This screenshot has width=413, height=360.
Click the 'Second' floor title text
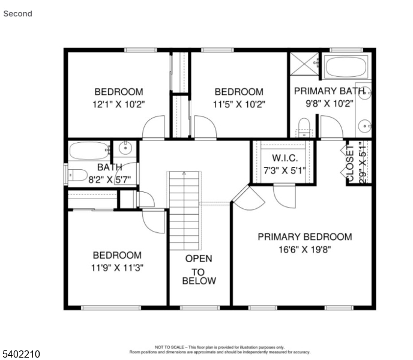tap(18, 13)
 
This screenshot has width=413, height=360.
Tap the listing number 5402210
tap(21, 355)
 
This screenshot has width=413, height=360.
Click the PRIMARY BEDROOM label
tap(304, 236)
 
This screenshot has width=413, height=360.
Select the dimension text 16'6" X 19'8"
tap(304, 249)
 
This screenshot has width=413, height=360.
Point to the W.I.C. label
tap(285, 158)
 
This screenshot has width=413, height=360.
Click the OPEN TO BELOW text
tap(199, 269)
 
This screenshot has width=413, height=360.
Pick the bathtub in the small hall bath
tap(89, 150)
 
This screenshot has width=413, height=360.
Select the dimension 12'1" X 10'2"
tap(118, 103)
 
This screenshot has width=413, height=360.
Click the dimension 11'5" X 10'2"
tap(239, 103)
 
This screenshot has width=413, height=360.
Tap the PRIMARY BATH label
tap(329, 91)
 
